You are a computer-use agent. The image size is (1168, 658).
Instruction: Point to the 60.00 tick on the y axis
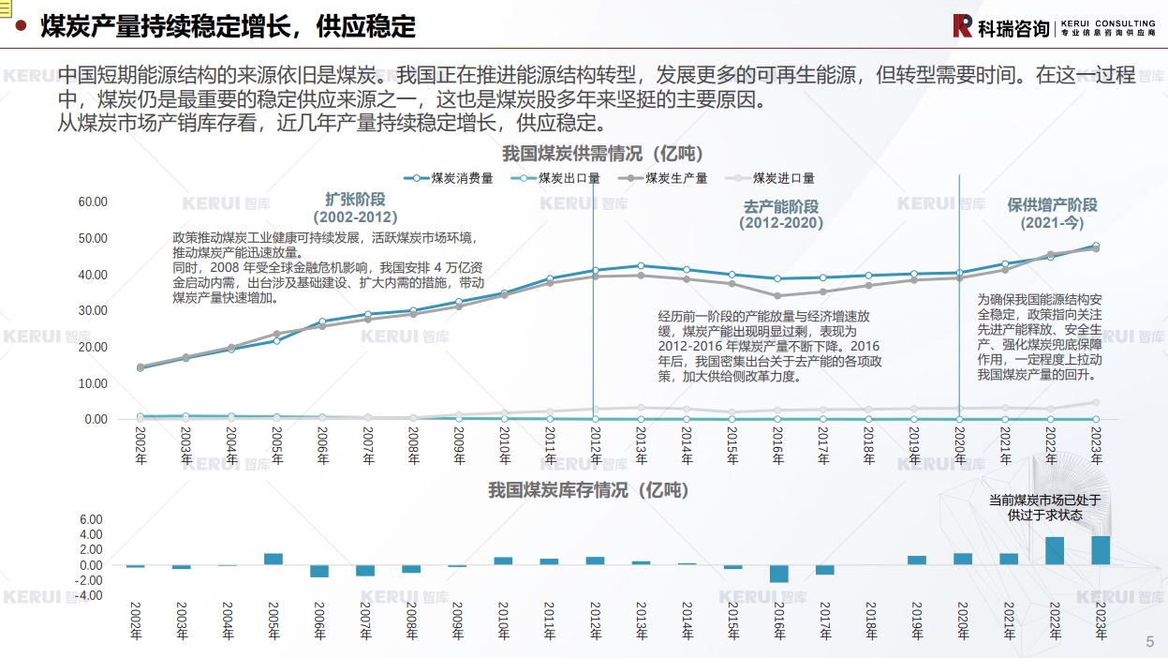93,202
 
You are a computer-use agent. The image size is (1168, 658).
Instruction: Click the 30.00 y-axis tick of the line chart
93,310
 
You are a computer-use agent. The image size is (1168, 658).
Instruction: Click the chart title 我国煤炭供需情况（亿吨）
602,153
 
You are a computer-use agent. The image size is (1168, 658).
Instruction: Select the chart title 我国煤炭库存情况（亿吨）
587,490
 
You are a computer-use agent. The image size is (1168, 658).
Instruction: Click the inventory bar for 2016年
778,574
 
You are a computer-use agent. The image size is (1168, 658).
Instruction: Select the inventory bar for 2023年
1101,550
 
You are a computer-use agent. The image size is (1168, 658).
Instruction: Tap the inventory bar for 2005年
274,559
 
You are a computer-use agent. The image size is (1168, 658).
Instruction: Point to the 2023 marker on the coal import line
1096,402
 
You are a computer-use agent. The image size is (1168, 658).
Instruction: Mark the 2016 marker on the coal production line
777,296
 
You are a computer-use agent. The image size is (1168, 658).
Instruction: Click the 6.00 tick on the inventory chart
91,519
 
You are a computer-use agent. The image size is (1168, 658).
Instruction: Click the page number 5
1150,642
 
